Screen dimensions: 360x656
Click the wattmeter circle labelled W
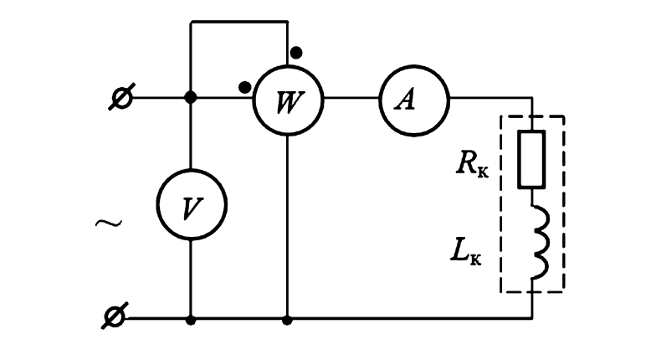point(287,99)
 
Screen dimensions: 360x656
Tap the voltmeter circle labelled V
point(191,205)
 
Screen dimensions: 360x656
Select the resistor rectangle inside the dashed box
point(532,158)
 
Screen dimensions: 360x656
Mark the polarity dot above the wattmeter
point(296,53)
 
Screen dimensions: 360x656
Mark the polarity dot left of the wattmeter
point(244,85)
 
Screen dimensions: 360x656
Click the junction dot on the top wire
point(191,98)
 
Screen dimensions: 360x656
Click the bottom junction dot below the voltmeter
point(191,319)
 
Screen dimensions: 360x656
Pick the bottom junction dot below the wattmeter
point(287,319)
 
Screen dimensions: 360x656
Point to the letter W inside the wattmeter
point(287,100)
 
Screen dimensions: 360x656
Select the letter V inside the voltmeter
point(191,206)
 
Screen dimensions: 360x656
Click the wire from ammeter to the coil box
point(494,99)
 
